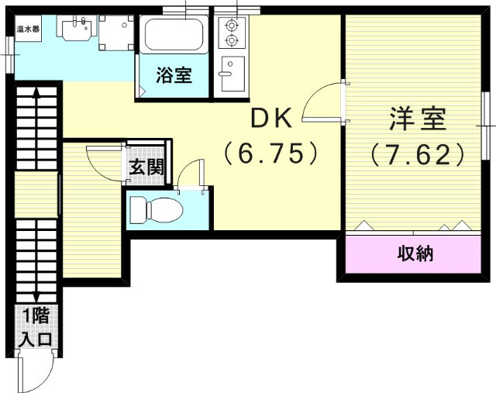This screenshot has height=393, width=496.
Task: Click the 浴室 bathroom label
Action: (x=174, y=77)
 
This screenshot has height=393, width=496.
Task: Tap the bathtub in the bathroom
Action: (x=174, y=35)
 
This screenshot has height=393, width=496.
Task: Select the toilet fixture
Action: (x=155, y=209)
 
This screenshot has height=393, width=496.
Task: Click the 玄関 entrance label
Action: (x=145, y=166)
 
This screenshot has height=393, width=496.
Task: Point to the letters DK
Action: (x=269, y=118)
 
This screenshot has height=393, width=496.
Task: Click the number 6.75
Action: (x=270, y=153)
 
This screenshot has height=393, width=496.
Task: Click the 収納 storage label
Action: (x=415, y=253)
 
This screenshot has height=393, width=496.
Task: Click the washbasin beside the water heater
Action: (x=74, y=30)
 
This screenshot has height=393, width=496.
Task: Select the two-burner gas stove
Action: (x=230, y=32)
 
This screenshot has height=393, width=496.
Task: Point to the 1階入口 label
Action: (x=36, y=328)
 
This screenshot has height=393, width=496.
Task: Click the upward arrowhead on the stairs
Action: (x=36, y=92)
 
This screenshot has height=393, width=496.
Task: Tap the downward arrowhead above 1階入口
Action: (x=36, y=299)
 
